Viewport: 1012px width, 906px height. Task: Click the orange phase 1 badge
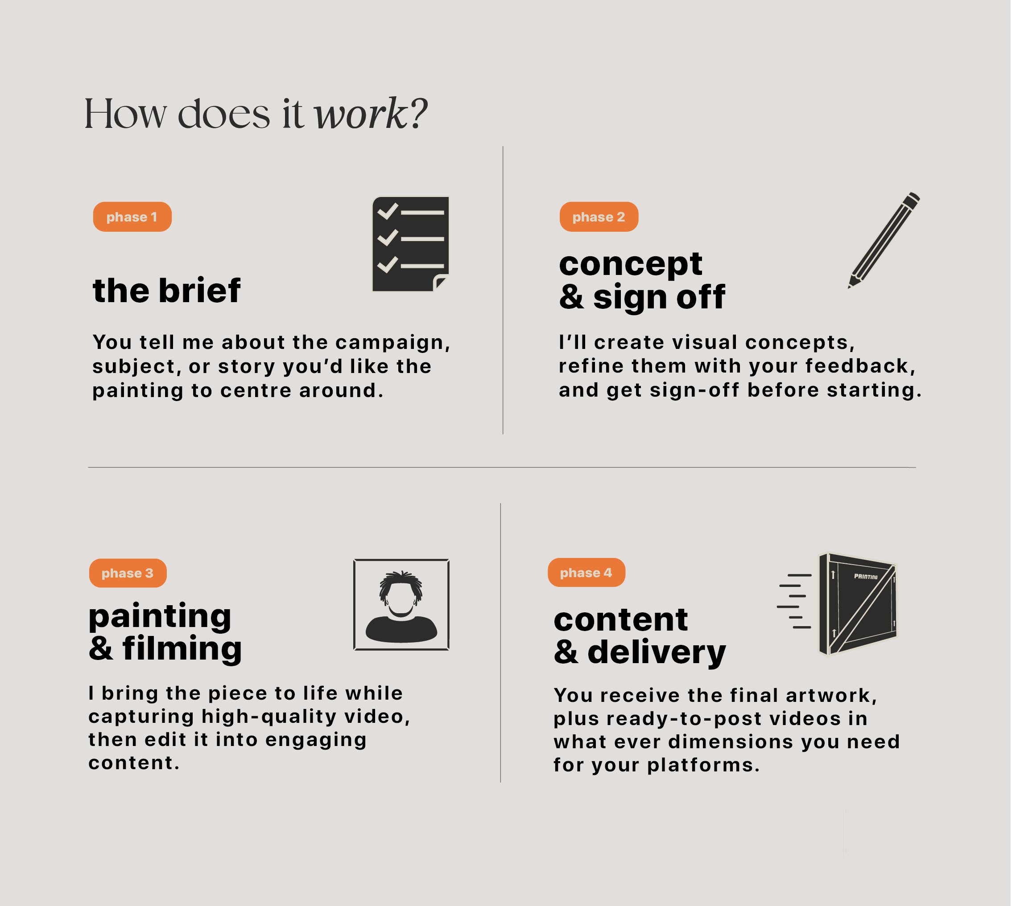132,217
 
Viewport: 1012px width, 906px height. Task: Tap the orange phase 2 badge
599,217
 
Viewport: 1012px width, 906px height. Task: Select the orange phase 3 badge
128,573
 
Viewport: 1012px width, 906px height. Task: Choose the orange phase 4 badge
587,573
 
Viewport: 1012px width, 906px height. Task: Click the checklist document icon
411,244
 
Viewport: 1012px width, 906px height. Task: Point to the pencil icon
884,240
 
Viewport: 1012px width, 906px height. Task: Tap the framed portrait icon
401,604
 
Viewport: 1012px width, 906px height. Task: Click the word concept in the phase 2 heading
630,264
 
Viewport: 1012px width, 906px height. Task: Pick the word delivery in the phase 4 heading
657,652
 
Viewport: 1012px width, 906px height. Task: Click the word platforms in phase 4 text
703,766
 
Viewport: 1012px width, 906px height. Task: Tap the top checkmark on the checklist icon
388,211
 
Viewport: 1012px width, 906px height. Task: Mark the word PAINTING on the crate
866,577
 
